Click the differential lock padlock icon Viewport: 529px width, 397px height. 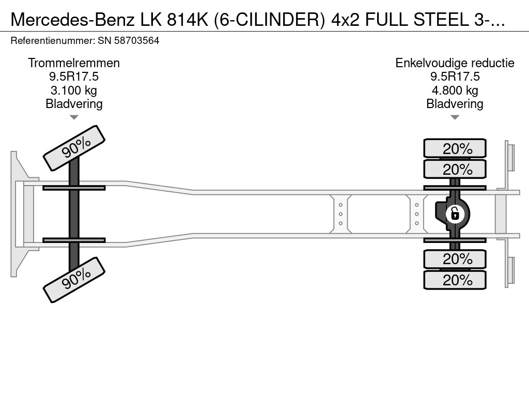click(x=455, y=213)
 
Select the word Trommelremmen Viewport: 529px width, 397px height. click(x=74, y=63)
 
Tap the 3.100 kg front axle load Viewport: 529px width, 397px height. click(x=74, y=90)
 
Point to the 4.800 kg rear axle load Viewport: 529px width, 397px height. click(x=455, y=90)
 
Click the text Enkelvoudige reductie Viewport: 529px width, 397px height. click(x=455, y=63)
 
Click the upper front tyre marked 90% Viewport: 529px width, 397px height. click(x=74, y=148)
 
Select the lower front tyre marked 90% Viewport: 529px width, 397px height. click(x=74, y=279)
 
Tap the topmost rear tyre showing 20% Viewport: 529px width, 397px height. click(x=455, y=149)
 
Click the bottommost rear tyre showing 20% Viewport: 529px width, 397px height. click(x=455, y=280)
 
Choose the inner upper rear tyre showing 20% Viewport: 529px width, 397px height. click(x=455, y=170)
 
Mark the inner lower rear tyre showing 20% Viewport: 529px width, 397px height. click(x=455, y=259)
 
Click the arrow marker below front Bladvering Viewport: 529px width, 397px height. click(x=74, y=117)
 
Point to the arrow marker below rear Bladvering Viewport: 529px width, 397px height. click(x=455, y=117)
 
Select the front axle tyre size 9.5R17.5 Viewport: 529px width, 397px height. click(x=74, y=77)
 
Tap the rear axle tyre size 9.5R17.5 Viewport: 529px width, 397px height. click(x=455, y=77)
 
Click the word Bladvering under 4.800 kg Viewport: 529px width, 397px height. click(x=455, y=104)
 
